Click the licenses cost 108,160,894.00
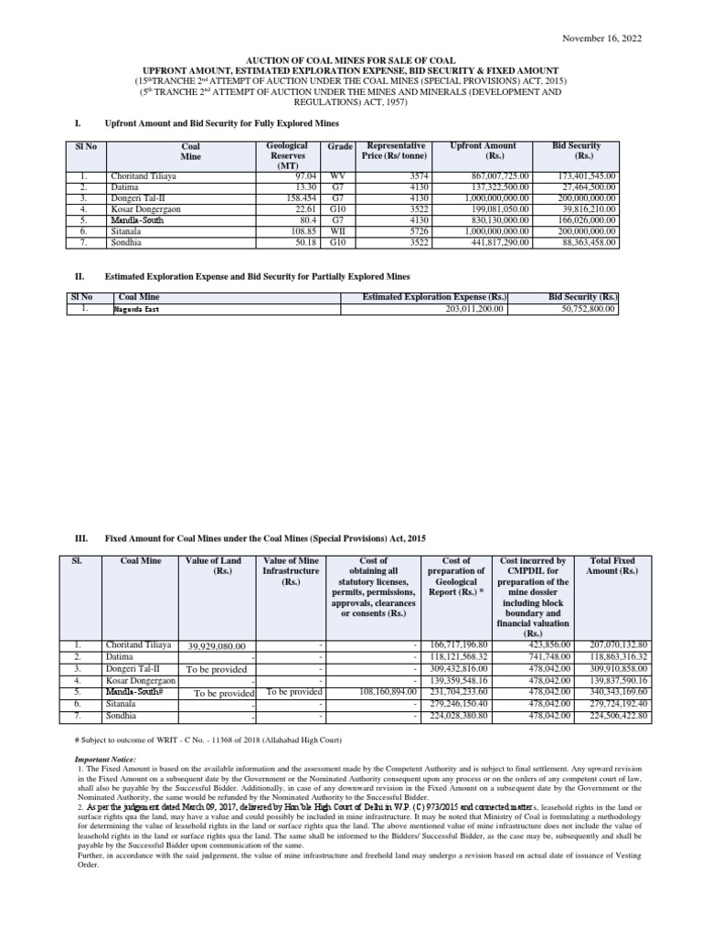[381, 693]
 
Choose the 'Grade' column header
[340, 146]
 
